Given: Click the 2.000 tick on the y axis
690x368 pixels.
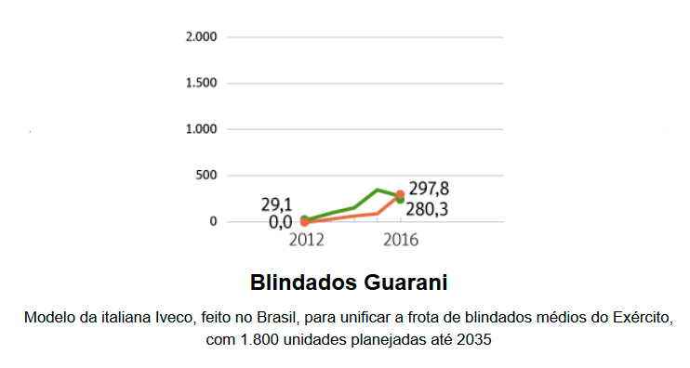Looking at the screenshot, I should [x=202, y=37].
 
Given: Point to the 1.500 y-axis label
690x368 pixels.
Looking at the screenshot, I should [x=202, y=83].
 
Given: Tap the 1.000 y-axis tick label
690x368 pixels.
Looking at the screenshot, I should [x=202, y=129].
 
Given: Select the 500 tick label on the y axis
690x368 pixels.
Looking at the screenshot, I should [x=206, y=176].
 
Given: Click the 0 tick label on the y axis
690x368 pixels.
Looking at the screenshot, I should [x=213, y=221].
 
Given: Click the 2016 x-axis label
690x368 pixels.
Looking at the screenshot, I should [x=400, y=240].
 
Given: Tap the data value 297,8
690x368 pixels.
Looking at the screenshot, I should [x=429, y=190].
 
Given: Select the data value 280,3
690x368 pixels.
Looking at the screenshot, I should [x=429, y=209].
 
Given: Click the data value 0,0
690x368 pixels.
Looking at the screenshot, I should [x=280, y=222].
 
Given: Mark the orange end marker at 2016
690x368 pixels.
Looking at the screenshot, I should [x=400, y=194].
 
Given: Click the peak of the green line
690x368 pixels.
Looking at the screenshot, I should [x=377, y=190].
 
